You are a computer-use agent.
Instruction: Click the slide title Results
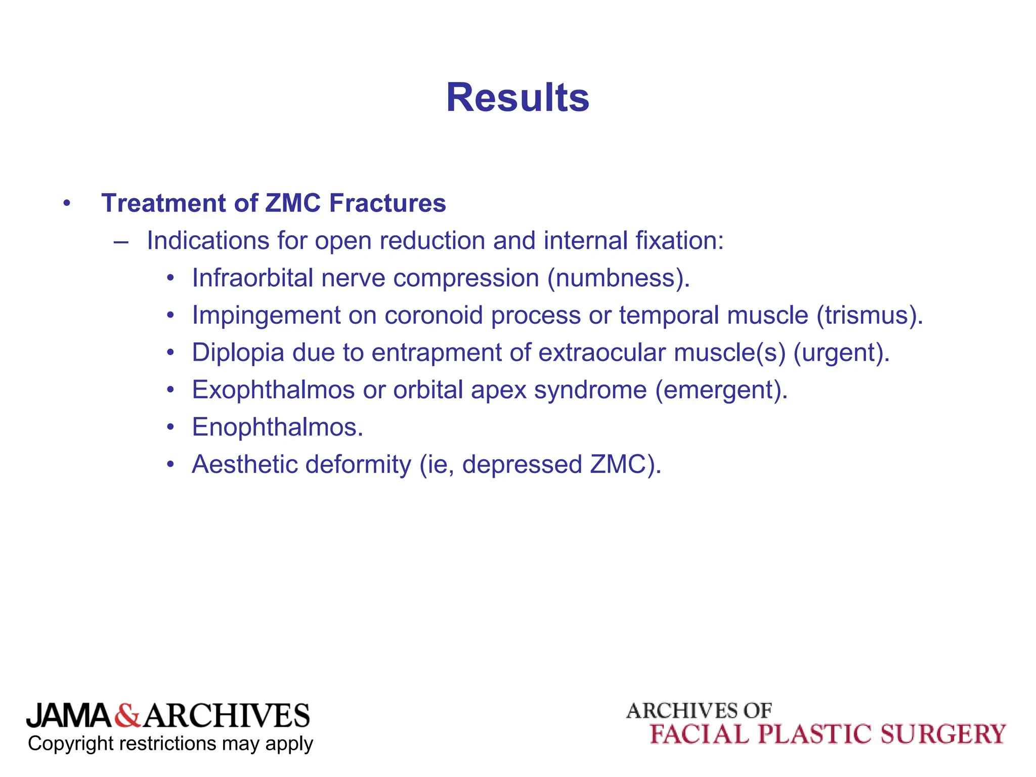(517, 98)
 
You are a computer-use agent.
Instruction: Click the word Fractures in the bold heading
(387, 203)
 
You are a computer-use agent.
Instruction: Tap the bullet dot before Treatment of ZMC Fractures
(67, 204)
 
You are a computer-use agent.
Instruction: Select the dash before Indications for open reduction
(121, 241)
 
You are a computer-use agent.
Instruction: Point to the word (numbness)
(618, 278)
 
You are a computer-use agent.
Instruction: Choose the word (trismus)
(870, 316)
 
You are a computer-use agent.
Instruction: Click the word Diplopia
(238, 353)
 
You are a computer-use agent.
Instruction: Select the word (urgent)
(841, 353)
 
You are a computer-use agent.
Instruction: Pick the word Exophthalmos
(273, 390)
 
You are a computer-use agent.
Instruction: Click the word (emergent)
(721, 390)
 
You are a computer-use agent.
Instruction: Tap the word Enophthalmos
(277, 427)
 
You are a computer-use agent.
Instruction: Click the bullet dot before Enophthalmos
(171, 427)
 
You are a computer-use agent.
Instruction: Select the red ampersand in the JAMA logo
(127, 716)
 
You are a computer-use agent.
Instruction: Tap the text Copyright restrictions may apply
(170, 744)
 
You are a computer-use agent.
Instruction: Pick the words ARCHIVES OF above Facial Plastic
(699, 711)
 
